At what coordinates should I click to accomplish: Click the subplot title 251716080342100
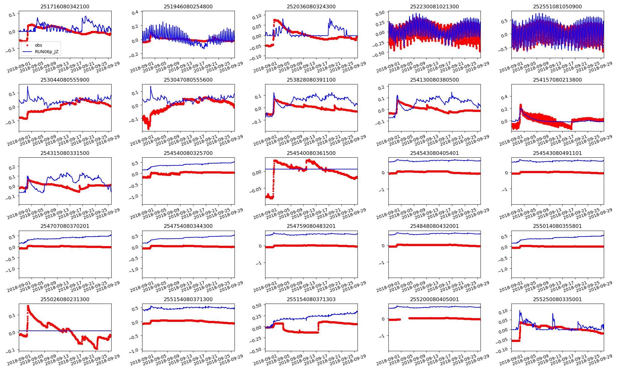point(65,6)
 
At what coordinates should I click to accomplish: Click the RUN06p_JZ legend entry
point(46,52)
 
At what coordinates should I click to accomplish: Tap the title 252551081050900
point(557,6)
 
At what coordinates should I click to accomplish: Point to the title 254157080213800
point(557,80)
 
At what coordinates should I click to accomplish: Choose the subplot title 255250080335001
point(557,299)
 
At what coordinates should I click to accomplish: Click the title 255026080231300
point(65,299)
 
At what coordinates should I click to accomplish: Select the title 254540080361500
point(311,153)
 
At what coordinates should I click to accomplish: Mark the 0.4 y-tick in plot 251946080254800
point(135,13)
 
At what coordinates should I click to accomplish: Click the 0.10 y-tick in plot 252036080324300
point(257,15)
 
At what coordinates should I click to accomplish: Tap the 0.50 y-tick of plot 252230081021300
point(380,13)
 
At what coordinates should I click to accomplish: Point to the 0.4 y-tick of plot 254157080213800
point(504,97)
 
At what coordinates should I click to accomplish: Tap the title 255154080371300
point(188,299)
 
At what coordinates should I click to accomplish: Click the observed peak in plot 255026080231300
point(28,306)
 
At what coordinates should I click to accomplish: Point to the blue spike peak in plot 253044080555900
point(28,87)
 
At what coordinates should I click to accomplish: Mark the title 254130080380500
point(434,80)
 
